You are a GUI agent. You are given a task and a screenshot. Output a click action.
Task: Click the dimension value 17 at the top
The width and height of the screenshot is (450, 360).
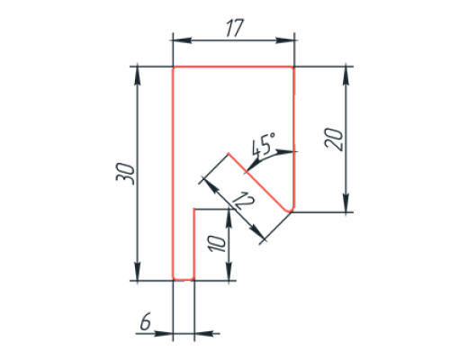pos(235,28)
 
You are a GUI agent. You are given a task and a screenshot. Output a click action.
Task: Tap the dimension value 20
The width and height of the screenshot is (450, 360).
pos(334,139)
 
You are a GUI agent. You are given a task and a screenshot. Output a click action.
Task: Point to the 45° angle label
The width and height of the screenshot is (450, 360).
pos(263,145)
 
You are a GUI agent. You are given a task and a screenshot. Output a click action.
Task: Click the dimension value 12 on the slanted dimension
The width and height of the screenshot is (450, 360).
pos(244,201)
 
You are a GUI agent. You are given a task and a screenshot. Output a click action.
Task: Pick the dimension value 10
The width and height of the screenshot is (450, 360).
pos(218,244)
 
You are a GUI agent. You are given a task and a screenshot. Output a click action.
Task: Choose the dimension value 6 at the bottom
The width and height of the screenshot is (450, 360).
pos(146,322)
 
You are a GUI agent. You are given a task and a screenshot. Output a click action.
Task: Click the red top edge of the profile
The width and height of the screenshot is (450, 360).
pos(233,67)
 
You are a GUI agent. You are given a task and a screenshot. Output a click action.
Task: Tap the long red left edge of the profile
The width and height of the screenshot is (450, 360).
pos(173,174)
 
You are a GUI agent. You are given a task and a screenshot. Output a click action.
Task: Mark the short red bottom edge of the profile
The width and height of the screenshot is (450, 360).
pos(184,280)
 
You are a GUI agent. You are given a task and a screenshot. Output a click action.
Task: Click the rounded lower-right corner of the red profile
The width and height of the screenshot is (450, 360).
pos(291,209)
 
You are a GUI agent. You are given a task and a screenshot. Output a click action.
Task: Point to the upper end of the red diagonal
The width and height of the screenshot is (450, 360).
pos(229,154)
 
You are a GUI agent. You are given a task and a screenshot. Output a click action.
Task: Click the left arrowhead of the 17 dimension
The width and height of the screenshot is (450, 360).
pos(183,40)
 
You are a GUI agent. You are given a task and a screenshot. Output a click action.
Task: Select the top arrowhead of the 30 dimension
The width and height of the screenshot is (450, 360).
pos(138,76)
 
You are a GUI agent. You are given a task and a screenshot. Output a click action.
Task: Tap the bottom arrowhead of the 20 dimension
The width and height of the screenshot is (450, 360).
pos(346,202)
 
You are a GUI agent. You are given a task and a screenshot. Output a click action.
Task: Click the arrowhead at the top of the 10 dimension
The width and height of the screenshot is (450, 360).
pos(229,218)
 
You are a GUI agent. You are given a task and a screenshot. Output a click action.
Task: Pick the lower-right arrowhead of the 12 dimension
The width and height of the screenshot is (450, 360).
pos(257,232)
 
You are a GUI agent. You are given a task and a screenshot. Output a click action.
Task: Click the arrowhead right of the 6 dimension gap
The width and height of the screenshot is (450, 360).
pos(204,333)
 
